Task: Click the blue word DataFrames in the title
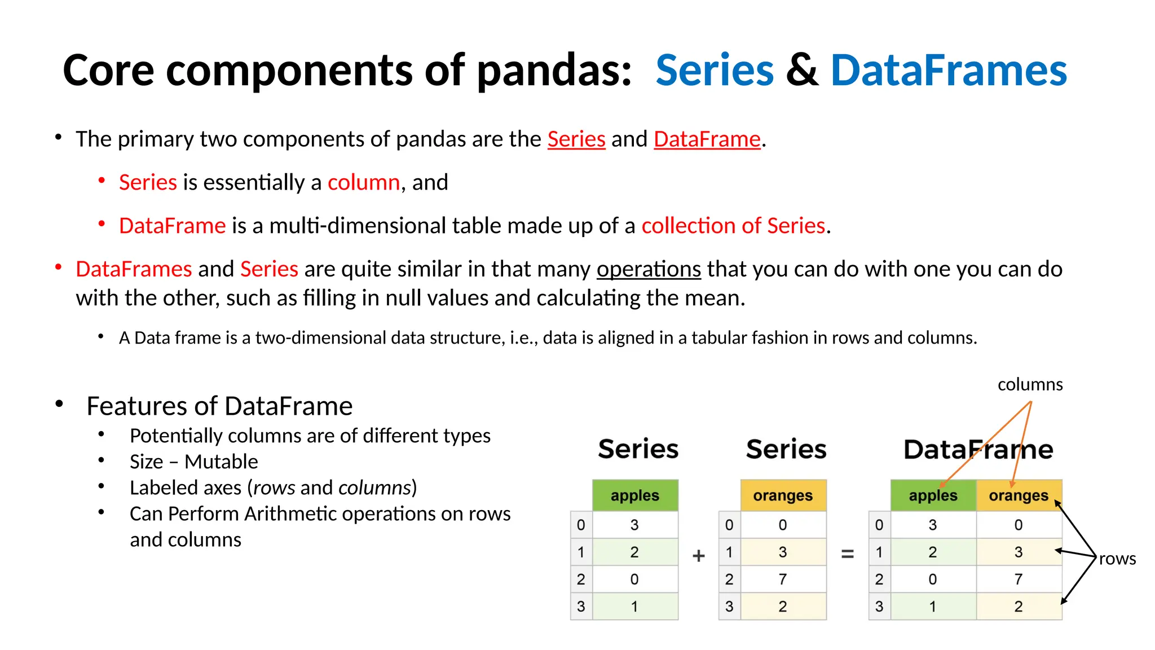coord(949,71)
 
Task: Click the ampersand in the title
coord(801,71)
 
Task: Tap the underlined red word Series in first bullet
coord(576,139)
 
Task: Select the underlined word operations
coord(649,269)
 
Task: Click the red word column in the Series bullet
coord(364,183)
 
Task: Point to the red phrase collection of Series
coord(733,226)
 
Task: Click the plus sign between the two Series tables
coord(699,555)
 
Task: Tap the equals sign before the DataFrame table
coord(847,554)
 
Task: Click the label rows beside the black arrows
coord(1117,559)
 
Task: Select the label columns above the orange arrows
coord(1030,384)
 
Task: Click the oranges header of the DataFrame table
coord(1019,495)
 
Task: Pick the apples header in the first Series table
coord(635,495)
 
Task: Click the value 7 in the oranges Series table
coord(782,579)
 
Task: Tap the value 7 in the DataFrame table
coord(1018,579)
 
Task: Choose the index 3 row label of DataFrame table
coord(879,607)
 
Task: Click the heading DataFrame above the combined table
coord(978,450)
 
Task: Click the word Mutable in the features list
coord(221,462)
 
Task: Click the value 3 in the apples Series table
coord(634,525)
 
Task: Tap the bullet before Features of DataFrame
coord(59,404)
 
